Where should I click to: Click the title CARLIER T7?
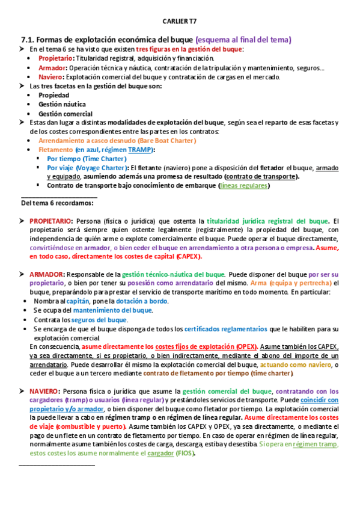pos(180,21)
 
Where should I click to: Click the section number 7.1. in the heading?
pos(30,39)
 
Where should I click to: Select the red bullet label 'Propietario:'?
pos(56,58)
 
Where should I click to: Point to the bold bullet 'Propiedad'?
pos(54,95)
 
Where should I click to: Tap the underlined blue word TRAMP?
pos(141,149)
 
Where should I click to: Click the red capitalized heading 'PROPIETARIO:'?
pos(51,221)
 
